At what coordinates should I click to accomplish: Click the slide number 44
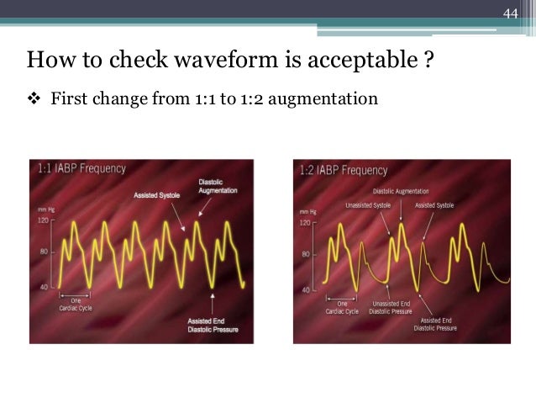(x=512, y=13)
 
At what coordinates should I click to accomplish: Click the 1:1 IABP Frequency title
(x=82, y=168)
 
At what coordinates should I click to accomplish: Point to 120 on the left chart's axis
(x=45, y=220)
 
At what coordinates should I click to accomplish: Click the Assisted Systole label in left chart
(x=156, y=195)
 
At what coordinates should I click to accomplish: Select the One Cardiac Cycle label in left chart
(x=76, y=305)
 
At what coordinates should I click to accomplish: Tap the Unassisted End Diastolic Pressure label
(x=391, y=307)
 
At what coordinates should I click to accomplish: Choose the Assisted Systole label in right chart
(x=434, y=204)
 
